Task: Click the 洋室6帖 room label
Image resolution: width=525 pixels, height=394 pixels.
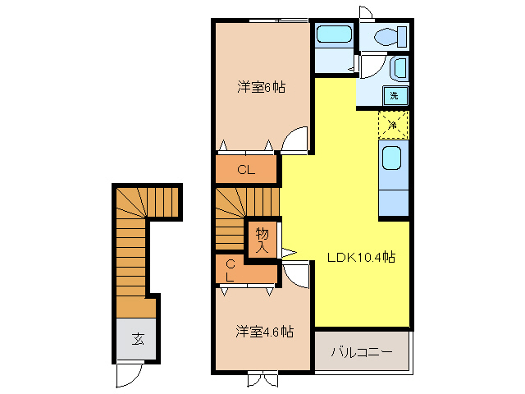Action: point(262,86)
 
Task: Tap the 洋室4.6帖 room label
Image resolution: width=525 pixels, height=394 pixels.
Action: point(264,332)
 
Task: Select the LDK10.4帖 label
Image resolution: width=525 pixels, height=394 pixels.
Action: point(362,257)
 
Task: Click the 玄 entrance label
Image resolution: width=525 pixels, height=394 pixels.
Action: point(137,338)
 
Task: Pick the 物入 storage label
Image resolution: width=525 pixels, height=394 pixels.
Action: point(262,239)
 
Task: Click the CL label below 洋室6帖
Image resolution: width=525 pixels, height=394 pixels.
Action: point(246,171)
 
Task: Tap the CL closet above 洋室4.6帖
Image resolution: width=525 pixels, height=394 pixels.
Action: point(231,270)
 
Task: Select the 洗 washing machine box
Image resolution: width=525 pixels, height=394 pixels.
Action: point(395,96)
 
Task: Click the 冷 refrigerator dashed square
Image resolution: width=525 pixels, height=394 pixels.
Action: point(393,125)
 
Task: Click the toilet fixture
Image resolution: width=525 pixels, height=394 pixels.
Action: point(386,36)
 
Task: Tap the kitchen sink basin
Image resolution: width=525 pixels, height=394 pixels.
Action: point(392,158)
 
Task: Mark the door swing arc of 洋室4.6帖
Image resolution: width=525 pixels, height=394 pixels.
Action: point(298,274)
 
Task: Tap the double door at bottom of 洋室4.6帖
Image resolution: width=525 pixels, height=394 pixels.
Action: point(262,379)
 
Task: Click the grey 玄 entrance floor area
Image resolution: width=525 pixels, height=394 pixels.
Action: point(135,338)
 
